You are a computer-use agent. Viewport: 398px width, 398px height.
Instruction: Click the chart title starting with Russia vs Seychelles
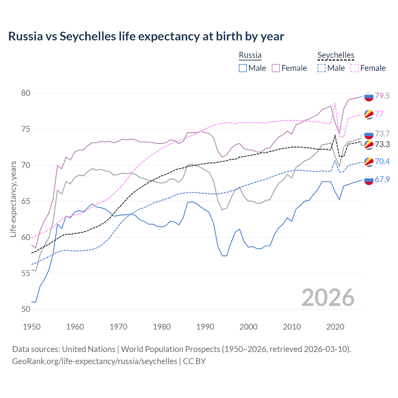[x=146, y=36]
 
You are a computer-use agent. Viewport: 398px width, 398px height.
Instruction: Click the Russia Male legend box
[x=243, y=68]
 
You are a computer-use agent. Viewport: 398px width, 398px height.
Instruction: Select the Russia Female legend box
[x=276, y=68]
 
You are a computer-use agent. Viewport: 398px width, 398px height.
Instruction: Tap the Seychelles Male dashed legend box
[x=322, y=68]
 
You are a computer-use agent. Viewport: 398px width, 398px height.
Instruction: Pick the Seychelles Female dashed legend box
[x=355, y=68]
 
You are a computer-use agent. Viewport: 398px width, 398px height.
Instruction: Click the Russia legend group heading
[x=250, y=55]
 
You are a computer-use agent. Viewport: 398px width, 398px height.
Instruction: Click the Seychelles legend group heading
[x=336, y=55]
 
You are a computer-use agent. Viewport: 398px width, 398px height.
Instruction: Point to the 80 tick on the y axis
[x=26, y=93]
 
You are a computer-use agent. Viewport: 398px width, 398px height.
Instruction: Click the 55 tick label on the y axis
[x=26, y=273]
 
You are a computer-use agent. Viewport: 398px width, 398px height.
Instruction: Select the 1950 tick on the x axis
[x=32, y=327]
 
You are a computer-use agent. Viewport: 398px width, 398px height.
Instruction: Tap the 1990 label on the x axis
[x=205, y=327]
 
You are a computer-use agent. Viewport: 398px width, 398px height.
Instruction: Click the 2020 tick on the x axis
[x=335, y=327]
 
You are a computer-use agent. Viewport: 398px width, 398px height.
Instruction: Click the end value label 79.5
[x=382, y=96]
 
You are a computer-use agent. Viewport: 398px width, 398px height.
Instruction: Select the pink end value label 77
[x=379, y=114]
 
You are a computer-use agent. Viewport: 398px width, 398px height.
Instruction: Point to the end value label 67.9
[x=382, y=179]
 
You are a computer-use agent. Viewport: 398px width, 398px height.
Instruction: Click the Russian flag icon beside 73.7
[x=369, y=134]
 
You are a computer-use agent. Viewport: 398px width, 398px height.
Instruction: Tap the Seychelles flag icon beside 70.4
[x=369, y=162]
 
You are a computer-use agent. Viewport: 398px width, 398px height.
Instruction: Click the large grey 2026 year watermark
[x=328, y=298]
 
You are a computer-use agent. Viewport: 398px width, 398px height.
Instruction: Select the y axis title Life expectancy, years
[x=13, y=199]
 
